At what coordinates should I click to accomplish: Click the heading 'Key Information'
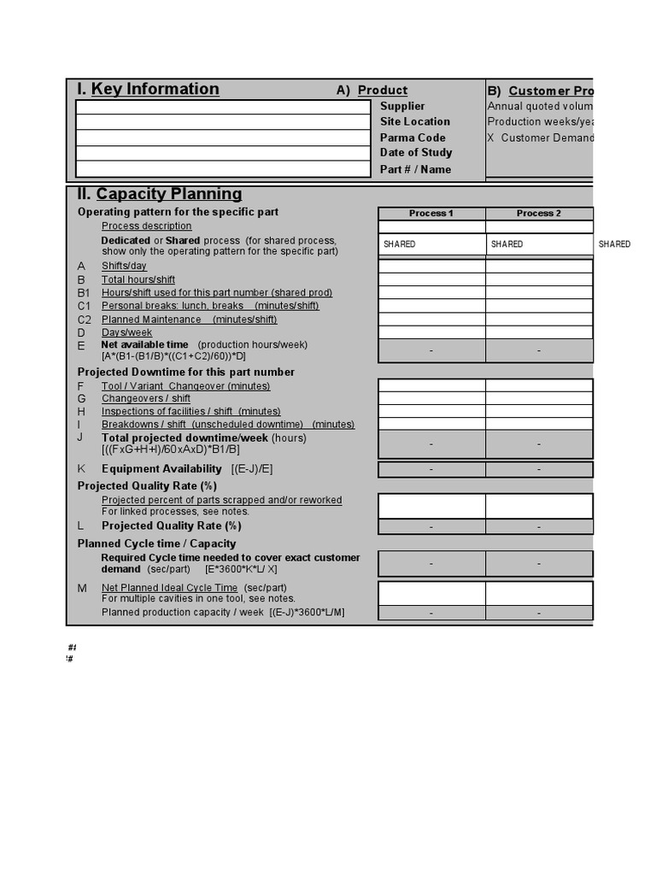[x=155, y=89]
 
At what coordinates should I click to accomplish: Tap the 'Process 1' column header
[x=431, y=214]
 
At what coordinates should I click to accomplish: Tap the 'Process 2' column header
[x=539, y=214]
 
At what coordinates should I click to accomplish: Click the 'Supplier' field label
[x=402, y=106]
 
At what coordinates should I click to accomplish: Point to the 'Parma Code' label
[x=413, y=138]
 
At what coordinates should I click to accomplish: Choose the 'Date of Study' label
[x=416, y=153]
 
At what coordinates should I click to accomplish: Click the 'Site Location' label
[x=415, y=121]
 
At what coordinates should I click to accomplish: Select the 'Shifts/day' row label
[x=124, y=267]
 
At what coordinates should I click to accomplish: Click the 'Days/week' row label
[x=126, y=332]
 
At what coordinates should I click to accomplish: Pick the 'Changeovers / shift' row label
[x=146, y=398]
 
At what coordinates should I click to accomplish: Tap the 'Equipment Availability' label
[x=161, y=469]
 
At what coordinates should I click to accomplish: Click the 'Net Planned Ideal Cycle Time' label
[x=169, y=588]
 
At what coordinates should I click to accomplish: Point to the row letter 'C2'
[x=84, y=320]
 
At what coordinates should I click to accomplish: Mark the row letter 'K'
[x=81, y=469]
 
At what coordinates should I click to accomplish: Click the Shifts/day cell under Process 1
[x=431, y=267]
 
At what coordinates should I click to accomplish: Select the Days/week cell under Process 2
[x=539, y=332]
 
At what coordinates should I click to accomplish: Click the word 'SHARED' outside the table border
[x=614, y=244]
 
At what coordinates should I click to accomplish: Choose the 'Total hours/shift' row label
[x=138, y=279]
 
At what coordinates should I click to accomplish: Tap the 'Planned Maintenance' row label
[x=151, y=320]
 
